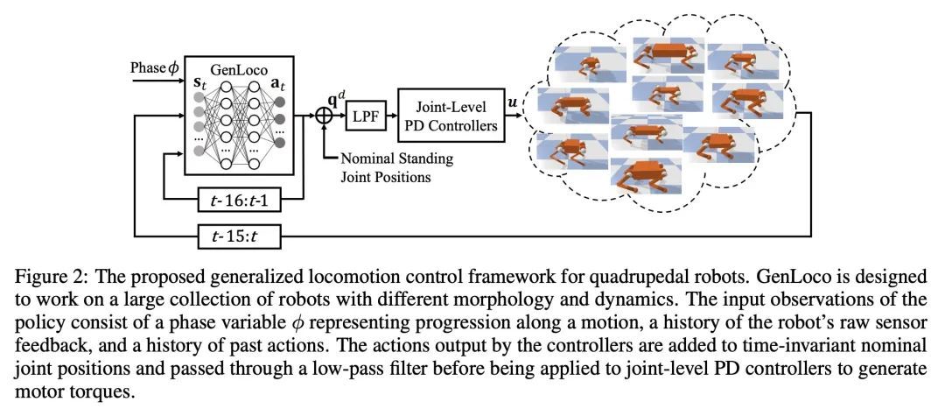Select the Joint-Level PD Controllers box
coord(451,115)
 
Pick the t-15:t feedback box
coord(251,234)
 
